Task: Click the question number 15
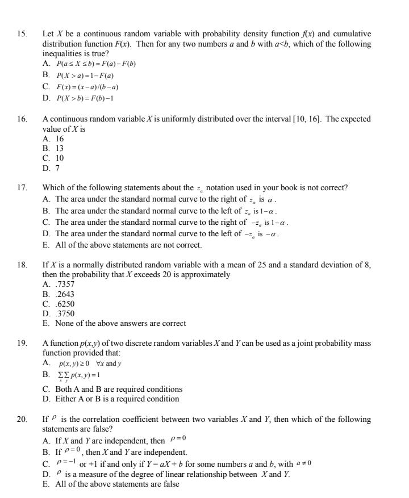[x=22, y=34]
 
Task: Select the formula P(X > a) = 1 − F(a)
[x=85, y=76]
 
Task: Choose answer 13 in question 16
[x=59, y=148]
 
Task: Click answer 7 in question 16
[x=57, y=168]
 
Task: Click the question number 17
[x=22, y=188]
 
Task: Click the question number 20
[x=22, y=420]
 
